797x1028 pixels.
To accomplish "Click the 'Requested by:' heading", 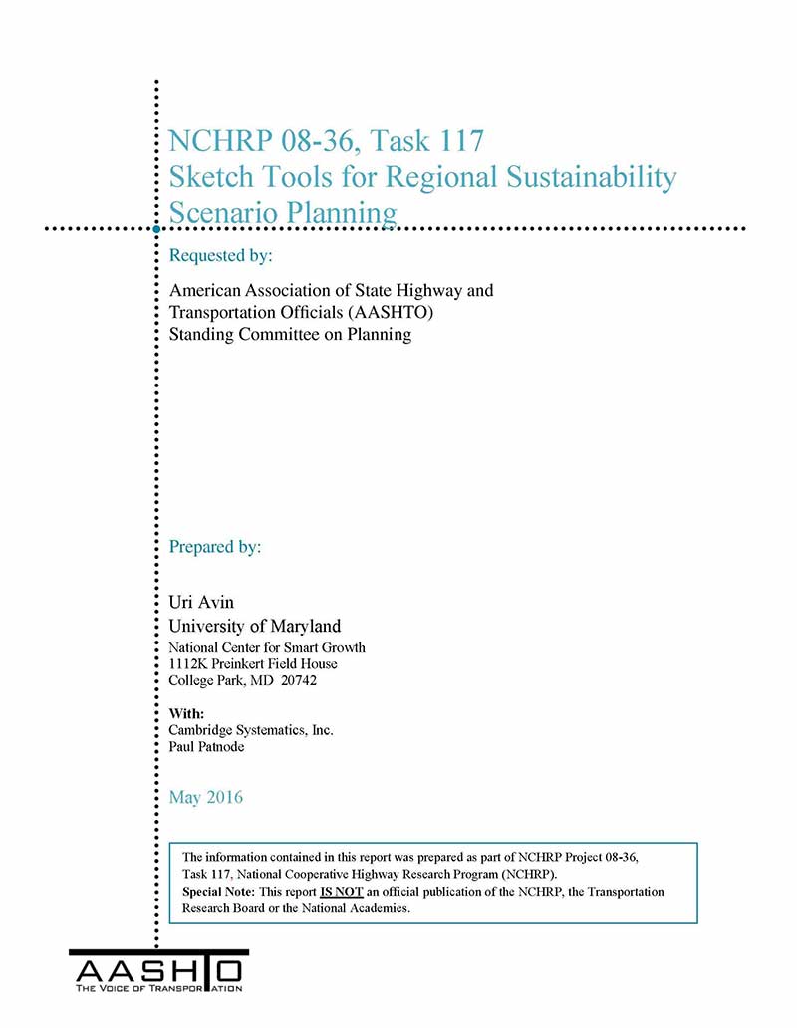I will (x=220, y=256).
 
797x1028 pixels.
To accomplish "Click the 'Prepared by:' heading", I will (x=215, y=547).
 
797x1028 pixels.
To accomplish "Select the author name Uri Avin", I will (x=202, y=603).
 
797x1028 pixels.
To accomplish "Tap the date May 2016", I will (x=206, y=797).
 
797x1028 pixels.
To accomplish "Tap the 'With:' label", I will (x=187, y=713).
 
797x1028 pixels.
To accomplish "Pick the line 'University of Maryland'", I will (x=255, y=626).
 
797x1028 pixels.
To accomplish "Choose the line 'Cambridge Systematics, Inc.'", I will (x=251, y=730).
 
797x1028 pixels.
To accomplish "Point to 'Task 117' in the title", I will (x=431, y=141).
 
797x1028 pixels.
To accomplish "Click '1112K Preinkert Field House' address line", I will (x=253, y=664).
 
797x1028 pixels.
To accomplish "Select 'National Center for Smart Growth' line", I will (x=267, y=648).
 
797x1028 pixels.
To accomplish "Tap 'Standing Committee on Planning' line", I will (x=290, y=335).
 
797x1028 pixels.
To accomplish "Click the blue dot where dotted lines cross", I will (x=156, y=229).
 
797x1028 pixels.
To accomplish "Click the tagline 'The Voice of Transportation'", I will (x=158, y=988).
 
